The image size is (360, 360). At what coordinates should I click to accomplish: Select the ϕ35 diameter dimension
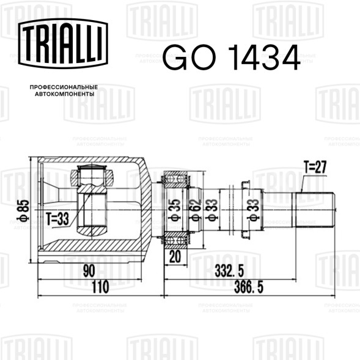pos(174,208)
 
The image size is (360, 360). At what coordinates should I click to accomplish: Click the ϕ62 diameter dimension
pos(194,208)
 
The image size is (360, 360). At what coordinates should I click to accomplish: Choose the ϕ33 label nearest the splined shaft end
pos(252,208)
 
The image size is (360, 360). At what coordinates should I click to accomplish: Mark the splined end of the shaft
pos(315,208)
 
